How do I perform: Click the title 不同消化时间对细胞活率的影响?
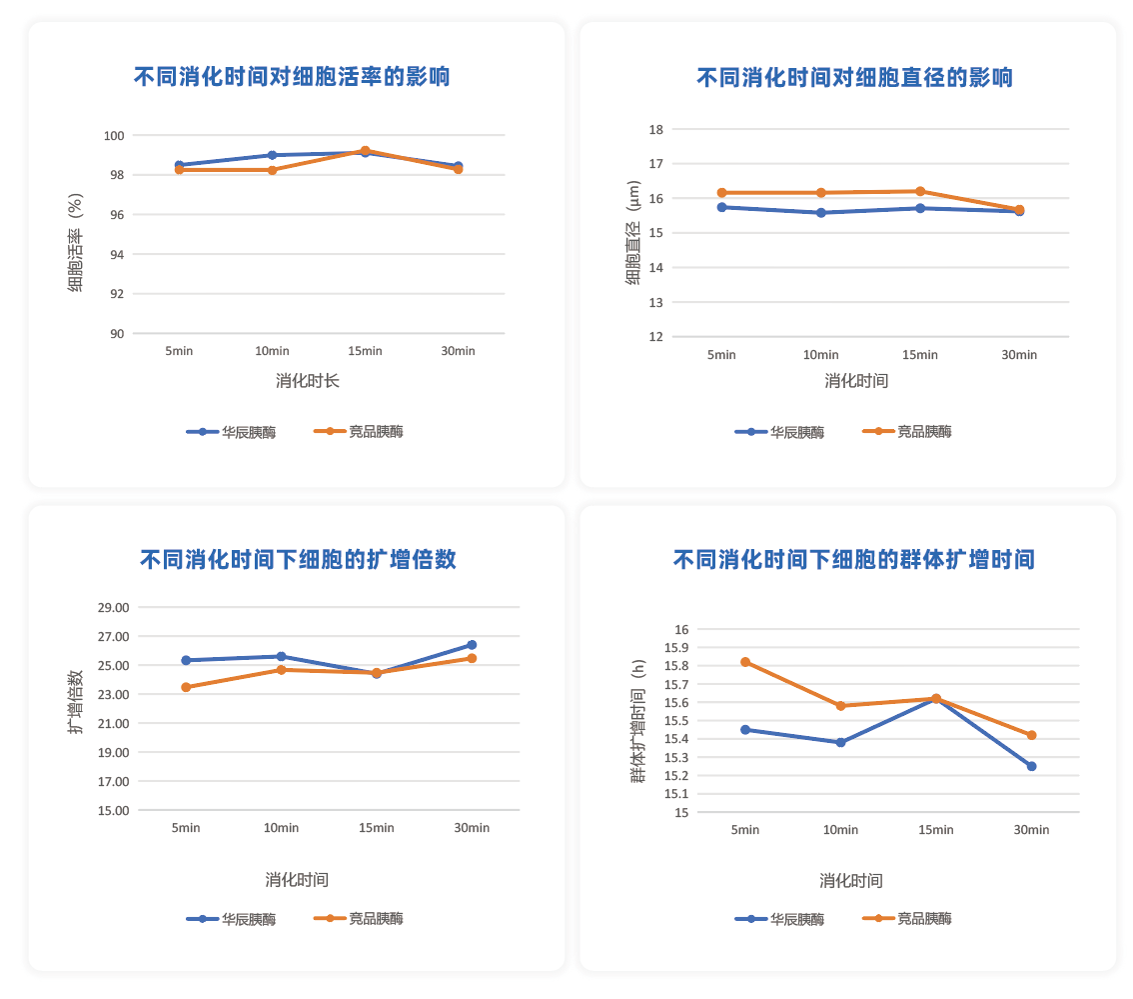click(292, 76)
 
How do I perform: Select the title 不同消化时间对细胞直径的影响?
click(855, 77)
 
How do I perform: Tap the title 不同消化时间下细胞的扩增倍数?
click(298, 559)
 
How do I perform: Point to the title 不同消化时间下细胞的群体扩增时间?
click(854, 559)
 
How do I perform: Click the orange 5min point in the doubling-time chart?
click(745, 662)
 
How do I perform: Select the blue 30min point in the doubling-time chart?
click(1031, 766)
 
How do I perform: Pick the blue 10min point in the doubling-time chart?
click(840, 742)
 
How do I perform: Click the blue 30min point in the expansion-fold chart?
click(472, 645)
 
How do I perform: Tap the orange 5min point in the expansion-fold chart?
click(186, 687)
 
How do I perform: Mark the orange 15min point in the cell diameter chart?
click(920, 192)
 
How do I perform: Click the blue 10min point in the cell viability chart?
click(272, 155)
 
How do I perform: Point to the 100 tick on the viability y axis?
click(114, 135)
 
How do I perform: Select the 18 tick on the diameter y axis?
click(656, 129)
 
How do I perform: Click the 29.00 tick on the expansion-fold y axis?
click(114, 607)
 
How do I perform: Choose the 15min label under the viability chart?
click(365, 351)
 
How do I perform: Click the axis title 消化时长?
click(307, 381)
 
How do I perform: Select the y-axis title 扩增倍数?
click(75, 702)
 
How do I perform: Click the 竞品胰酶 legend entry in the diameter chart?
click(907, 432)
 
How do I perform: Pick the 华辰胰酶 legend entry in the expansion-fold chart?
click(231, 919)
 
